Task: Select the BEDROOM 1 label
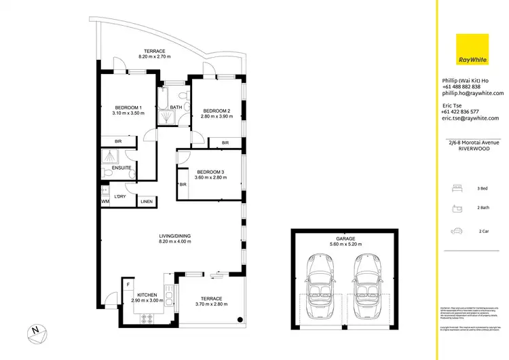click(x=128, y=108)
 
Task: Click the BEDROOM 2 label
click(x=216, y=111)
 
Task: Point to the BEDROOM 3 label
click(x=210, y=172)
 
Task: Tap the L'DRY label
click(x=121, y=196)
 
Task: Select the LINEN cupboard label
click(x=147, y=202)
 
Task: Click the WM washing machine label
click(x=105, y=202)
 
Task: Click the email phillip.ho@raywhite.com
click(x=472, y=93)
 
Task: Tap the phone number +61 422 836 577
click(x=461, y=111)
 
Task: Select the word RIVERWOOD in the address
click(x=470, y=147)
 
